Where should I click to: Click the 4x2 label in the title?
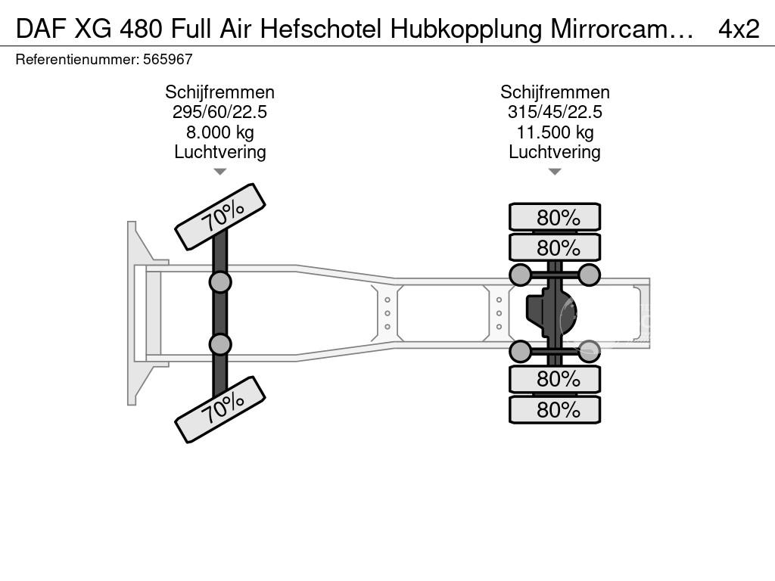point(739,30)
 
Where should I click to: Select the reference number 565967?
point(167,60)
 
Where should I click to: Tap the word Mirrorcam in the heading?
point(615,30)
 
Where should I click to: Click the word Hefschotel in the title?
point(321,30)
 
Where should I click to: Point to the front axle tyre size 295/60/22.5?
point(219,112)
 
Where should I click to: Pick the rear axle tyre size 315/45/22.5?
point(555,112)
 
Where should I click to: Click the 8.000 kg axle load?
point(220,132)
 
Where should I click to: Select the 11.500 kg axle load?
point(555,132)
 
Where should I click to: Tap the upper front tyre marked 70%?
point(220,217)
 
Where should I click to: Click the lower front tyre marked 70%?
point(220,409)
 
